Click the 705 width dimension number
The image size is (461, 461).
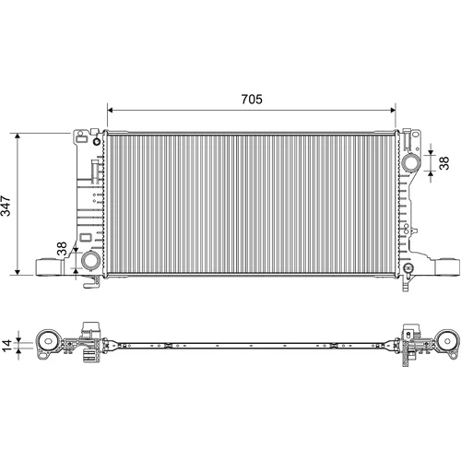252,100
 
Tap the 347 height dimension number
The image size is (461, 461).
6,206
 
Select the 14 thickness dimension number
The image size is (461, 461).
6,345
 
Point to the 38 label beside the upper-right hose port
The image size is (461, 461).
444,163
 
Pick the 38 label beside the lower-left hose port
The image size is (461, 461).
62,248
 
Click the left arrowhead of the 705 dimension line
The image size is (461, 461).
111,111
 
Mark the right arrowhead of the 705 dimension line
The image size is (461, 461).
392,111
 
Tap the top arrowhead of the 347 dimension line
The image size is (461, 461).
18,137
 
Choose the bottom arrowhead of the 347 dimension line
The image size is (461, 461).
18,271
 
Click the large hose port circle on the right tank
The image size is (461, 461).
410,162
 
